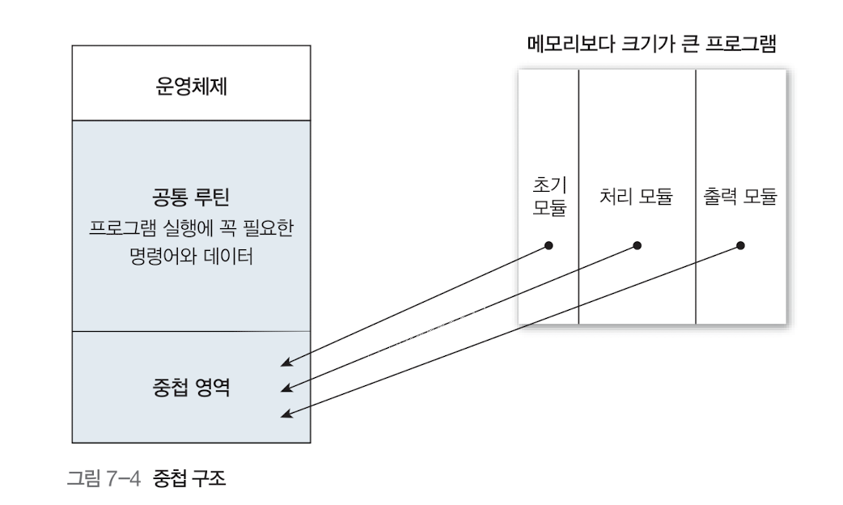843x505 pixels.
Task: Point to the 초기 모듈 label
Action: point(549,197)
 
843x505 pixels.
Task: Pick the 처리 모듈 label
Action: point(637,197)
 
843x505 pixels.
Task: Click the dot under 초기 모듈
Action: point(549,245)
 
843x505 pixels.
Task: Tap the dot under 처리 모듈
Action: point(637,245)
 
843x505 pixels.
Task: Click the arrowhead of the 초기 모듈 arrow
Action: point(284,364)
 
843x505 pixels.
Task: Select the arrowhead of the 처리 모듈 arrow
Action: point(284,390)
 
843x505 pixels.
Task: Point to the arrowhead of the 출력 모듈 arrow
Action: point(284,415)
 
